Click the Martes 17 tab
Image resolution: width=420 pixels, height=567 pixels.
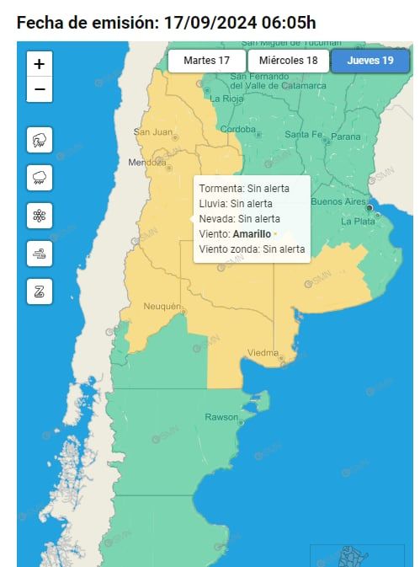pyautogui.click(x=206, y=61)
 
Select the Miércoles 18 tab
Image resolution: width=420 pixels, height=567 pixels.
pyautogui.click(x=288, y=61)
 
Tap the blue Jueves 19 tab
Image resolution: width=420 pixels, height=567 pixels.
pyautogui.click(x=369, y=61)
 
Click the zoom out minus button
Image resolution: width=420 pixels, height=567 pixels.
pyautogui.click(x=40, y=89)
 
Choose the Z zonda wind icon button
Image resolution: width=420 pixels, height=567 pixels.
pyautogui.click(x=40, y=292)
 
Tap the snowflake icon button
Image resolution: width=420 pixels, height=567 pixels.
pyautogui.click(x=40, y=216)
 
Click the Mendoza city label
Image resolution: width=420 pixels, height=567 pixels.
pyautogui.click(x=146, y=162)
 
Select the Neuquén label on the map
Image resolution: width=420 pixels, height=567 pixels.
pyautogui.click(x=162, y=306)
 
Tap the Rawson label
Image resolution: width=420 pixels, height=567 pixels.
pyautogui.click(x=221, y=417)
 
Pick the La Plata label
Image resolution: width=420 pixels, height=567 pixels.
pyautogui.click(x=358, y=221)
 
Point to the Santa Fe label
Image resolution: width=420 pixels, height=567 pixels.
pyautogui.click(x=302, y=135)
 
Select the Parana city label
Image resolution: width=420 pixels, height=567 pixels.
pyautogui.click(x=345, y=136)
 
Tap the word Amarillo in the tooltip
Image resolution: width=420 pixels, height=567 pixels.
pyautogui.click(x=252, y=233)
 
